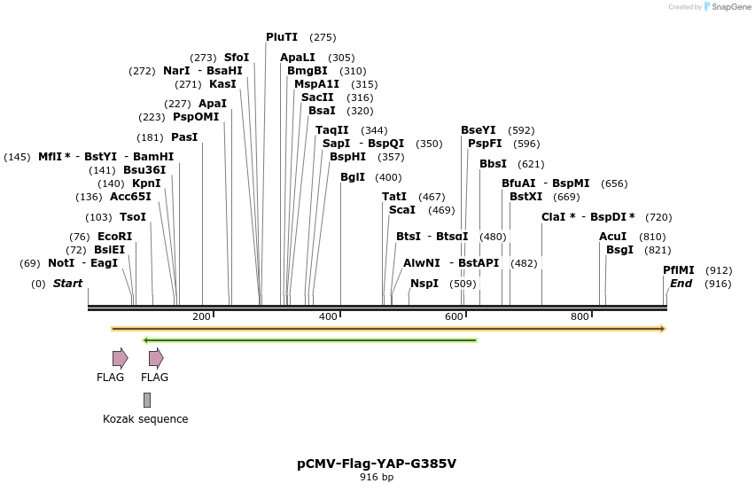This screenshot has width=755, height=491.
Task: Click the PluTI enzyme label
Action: (x=283, y=37)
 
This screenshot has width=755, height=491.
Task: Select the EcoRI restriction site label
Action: (x=114, y=237)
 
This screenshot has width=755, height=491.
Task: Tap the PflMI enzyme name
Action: (x=679, y=270)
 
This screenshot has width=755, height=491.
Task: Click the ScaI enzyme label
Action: (x=402, y=210)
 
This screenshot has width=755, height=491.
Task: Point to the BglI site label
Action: (x=352, y=177)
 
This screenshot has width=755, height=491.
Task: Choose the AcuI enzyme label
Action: (x=612, y=237)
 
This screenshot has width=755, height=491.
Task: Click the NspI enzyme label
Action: (x=424, y=284)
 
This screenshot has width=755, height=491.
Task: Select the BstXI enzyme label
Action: (x=526, y=197)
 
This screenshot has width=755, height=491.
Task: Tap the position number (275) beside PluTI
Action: (x=323, y=37)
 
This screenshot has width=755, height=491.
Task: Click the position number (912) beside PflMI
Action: (x=719, y=270)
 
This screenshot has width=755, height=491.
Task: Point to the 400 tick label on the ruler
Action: (x=328, y=317)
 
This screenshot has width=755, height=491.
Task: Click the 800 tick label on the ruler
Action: (x=580, y=317)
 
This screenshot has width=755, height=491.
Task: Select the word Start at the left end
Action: (x=67, y=284)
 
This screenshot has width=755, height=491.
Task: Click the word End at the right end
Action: (x=681, y=284)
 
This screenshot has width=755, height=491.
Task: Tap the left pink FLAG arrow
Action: (x=120, y=358)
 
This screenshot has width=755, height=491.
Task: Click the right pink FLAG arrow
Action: (x=156, y=358)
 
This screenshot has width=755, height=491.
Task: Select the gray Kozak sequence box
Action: (x=147, y=400)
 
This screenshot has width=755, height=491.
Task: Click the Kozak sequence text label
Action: (x=145, y=419)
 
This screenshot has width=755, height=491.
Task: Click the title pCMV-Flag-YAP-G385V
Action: (x=377, y=464)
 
